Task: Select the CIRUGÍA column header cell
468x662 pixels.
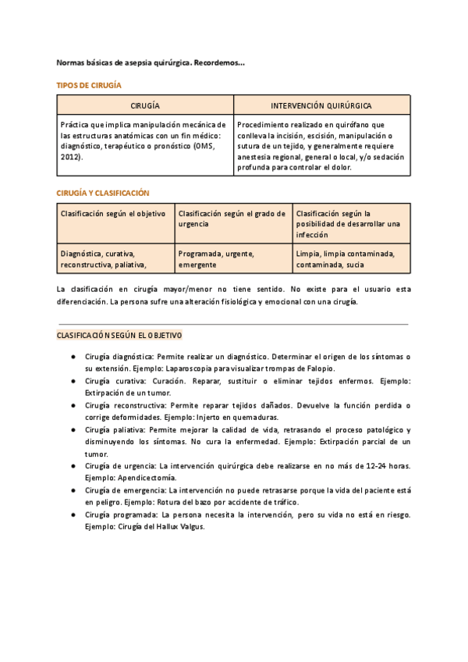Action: click(x=145, y=105)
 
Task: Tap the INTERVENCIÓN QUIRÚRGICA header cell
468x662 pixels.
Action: click(x=321, y=105)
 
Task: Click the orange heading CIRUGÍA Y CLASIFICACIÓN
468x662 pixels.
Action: click(x=102, y=193)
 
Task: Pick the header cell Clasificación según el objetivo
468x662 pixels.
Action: click(x=113, y=213)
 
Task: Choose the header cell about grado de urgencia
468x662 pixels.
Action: click(x=232, y=218)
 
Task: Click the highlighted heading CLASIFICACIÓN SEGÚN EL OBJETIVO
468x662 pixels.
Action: click(x=119, y=335)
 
